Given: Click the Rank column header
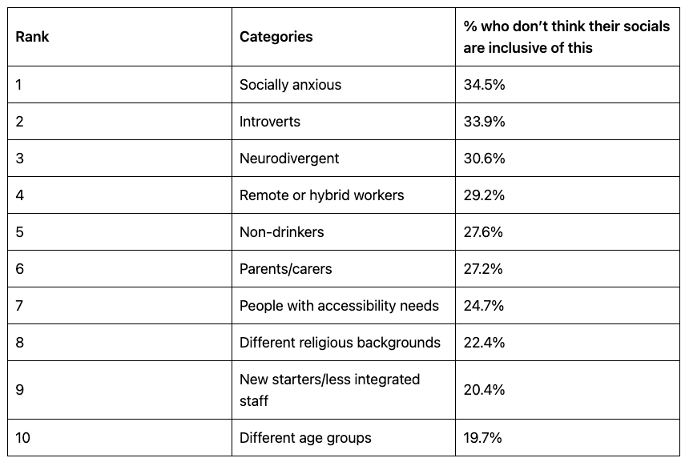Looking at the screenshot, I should click(x=32, y=37).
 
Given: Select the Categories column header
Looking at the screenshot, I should click(x=276, y=37).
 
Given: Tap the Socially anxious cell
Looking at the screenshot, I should click(x=290, y=85).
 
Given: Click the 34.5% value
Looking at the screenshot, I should click(x=484, y=85).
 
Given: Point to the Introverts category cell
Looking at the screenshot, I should click(x=270, y=122).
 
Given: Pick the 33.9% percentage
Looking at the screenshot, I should click(x=484, y=122).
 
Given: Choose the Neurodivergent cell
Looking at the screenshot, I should click(x=289, y=159).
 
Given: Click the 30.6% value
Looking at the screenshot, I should click(x=484, y=159).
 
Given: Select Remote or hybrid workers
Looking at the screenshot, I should click(x=321, y=195).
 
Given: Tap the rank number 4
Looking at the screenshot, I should click(x=20, y=195).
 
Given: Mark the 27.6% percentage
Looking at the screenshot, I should click(x=483, y=232).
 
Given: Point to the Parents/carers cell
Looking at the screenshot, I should click(x=285, y=269).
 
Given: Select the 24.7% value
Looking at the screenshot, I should click(x=483, y=306).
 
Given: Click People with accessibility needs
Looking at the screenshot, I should click(x=339, y=306).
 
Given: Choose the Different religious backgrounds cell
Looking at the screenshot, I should click(x=340, y=343).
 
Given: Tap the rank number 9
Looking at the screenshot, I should click(x=20, y=390).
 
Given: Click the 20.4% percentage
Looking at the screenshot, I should click(x=484, y=390).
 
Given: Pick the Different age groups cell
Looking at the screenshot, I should click(x=305, y=438).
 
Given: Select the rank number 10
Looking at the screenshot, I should click(x=23, y=438).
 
